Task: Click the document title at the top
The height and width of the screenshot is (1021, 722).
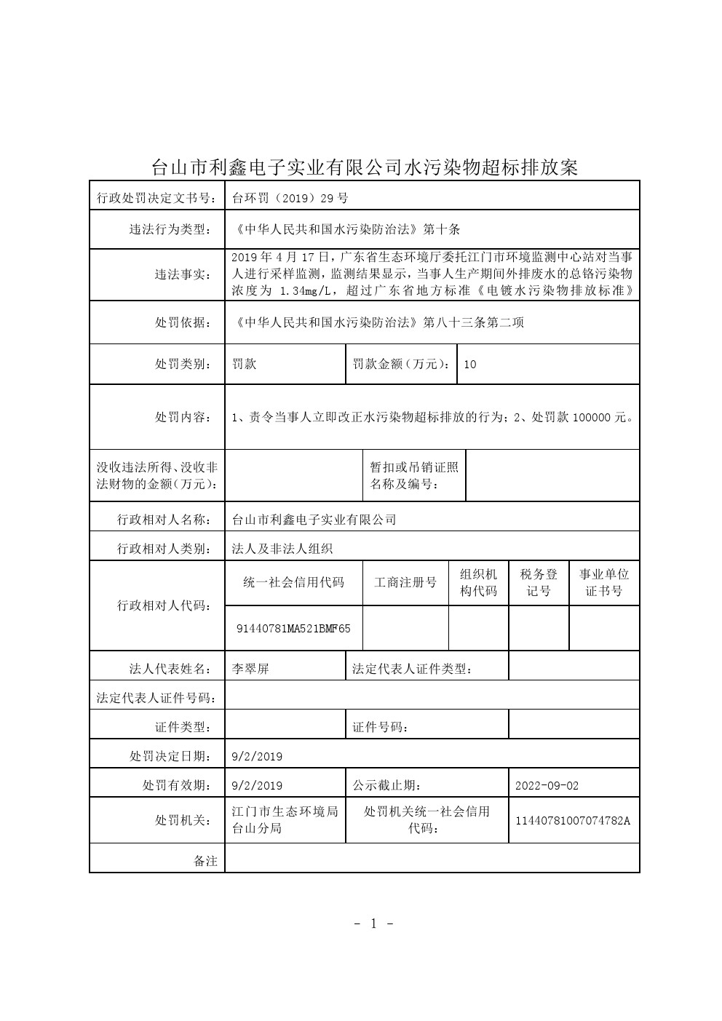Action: click(364, 167)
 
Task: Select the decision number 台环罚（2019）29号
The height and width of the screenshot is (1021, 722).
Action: click(290, 196)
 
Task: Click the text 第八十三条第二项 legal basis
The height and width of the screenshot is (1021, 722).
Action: click(473, 322)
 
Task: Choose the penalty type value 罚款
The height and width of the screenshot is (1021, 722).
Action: click(245, 364)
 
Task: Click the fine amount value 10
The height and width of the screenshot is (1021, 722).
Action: click(469, 364)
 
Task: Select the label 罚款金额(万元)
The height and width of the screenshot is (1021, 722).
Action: click(401, 364)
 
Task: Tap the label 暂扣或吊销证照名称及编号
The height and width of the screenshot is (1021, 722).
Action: click(413, 475)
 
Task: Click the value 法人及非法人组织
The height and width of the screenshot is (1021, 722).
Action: click(282, 549)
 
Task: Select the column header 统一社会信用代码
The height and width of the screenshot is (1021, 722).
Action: click(293, 582)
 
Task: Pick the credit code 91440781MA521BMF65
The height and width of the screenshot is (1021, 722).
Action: click(293, 627)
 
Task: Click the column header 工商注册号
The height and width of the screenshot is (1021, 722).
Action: click(405, 582)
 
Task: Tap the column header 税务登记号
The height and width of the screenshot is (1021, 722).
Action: click(539, 582)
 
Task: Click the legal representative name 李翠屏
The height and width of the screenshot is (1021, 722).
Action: click(250, 668)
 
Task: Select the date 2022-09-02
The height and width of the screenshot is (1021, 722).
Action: click(547, 785)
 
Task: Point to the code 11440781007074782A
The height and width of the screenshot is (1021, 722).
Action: click(573, 820)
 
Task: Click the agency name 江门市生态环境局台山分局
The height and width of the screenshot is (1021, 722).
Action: click(284, 819)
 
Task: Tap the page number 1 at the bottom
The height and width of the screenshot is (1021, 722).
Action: click(373, 923)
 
